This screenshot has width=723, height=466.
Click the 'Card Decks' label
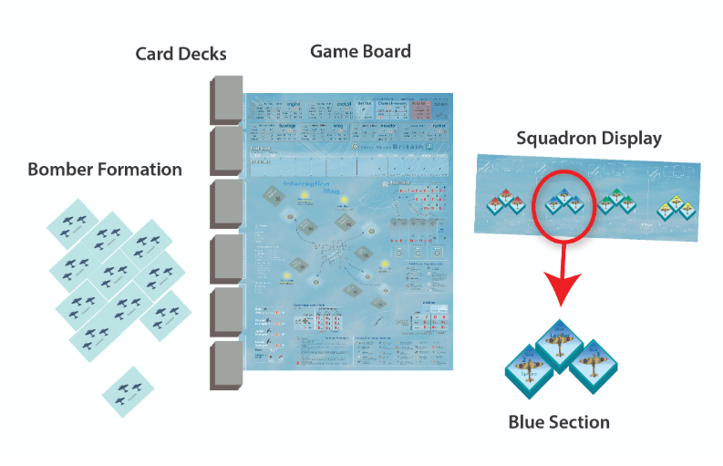181,55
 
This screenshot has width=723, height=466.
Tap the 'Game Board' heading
360,51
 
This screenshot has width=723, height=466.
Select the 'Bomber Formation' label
105,170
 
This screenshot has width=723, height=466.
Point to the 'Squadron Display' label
589,139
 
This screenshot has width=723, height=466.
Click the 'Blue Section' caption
559,421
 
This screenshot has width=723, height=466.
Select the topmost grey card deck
224,98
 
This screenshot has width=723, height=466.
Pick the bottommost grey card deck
224,366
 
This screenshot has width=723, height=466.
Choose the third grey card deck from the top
224,205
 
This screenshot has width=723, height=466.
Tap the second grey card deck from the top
224,151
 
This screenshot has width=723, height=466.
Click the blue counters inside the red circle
563,200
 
